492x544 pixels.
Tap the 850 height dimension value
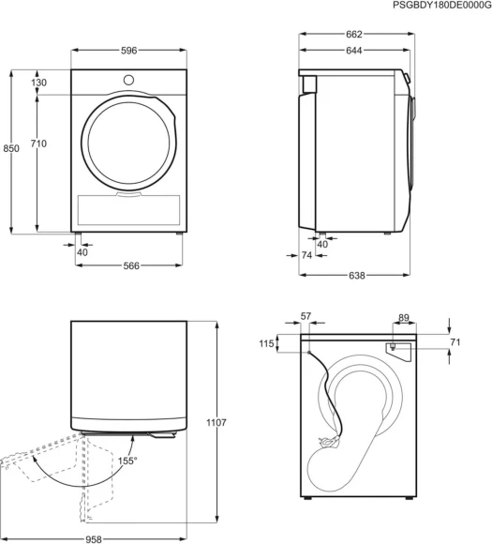[11, 149]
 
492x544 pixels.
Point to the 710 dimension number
[38, 144]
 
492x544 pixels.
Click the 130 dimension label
[38, 83]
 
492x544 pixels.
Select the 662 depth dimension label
[353, 35]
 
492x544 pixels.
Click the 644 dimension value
[353, 52]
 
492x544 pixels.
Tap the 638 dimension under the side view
[355, 276]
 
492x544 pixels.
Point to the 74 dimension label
[307, 255]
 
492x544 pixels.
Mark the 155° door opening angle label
[127, 461]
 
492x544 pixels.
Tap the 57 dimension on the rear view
[306, 318]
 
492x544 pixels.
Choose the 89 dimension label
[403, 318]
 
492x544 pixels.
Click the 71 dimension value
[455, 343]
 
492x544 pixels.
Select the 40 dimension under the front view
[82, 252]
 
